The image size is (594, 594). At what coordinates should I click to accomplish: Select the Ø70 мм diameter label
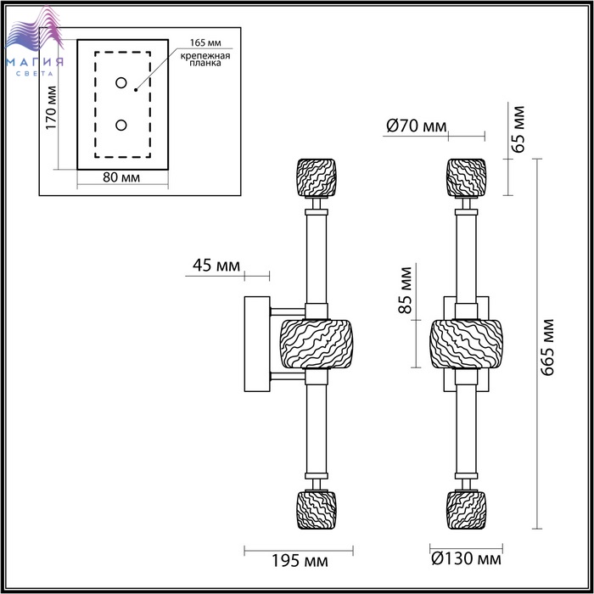coord(416,126)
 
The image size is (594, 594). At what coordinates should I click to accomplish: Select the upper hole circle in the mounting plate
coord(121,83)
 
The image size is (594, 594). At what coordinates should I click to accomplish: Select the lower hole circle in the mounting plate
coord(121,125)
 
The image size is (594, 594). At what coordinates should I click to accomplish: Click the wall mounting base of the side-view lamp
coord(256,344)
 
